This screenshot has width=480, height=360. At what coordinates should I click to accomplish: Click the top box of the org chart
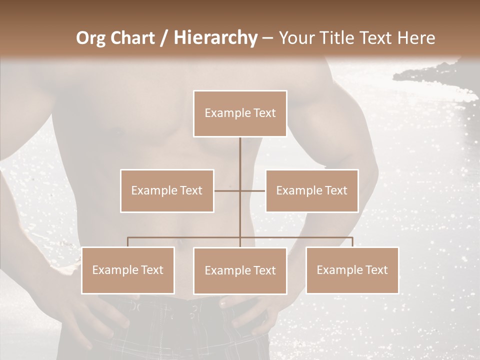[x=240, y=113]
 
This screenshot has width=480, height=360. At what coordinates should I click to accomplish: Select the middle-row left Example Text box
[x=167, y=190]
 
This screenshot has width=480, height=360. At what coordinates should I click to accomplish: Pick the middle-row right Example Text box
[x=311, y=190]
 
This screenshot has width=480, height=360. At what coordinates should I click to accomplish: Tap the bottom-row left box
[x=128, y=270]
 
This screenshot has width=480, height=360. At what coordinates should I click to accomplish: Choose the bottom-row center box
[x=240, y=270]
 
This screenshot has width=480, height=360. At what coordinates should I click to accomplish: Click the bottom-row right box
[x=352, y=270]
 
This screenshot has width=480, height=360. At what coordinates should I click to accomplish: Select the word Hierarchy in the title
[x=215, y=37]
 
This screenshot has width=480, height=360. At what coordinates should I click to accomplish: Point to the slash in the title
[x=164, y=37]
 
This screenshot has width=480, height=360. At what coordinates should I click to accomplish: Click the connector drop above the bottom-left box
[x=128, y=242]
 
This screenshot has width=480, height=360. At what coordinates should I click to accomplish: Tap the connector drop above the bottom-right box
[x=352, y=242]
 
